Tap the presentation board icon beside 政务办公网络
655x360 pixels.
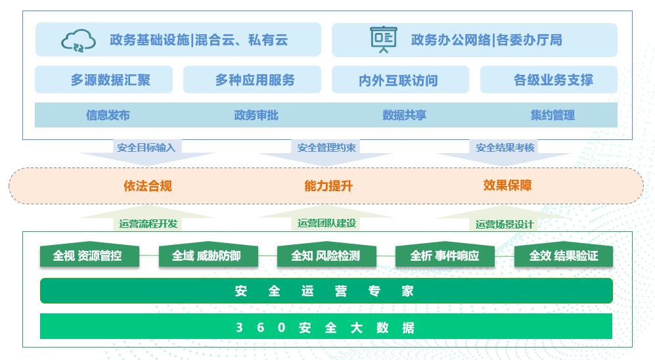coord(383,39)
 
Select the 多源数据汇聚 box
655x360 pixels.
coord(104,80)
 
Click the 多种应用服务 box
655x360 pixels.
coord(252,80)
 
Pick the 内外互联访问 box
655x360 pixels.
coord(400,80)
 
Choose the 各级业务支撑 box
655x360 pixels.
coord(549,80)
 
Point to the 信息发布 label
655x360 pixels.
coord(108,115)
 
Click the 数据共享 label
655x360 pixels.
coord(404,115)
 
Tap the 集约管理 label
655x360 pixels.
coord(553,115)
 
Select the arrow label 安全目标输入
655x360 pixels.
coord(147,147)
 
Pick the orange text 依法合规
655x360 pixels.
coord(148,186)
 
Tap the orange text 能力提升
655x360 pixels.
coord(328,186)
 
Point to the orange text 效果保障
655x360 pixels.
coord(507,186)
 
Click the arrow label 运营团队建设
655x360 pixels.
coord(327,223)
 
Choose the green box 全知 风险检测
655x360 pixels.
coord(327,256)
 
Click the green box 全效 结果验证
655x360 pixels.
coord(563,256)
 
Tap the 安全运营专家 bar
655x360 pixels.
coord(326,291)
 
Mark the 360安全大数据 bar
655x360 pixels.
coord(326,326)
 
